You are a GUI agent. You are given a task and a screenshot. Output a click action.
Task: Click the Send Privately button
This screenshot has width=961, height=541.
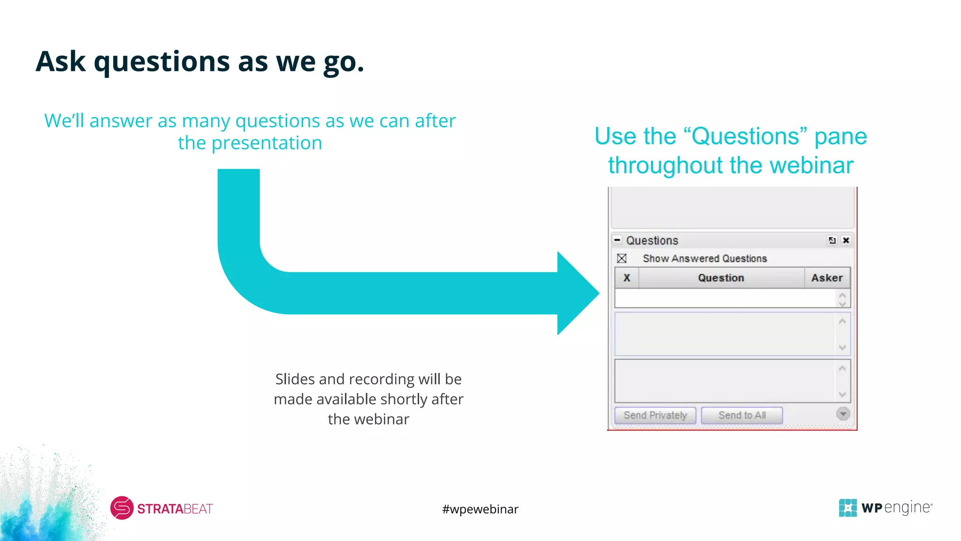coord(655,416)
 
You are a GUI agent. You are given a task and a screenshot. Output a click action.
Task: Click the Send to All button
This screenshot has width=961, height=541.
coord(741,416)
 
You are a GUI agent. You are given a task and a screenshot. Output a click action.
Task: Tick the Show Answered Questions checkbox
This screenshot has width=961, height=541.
coord(622,258)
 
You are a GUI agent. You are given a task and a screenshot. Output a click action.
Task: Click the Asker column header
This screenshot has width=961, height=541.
coord(827,278)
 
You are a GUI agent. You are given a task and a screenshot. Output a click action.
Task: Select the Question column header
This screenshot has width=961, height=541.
coord(721,278)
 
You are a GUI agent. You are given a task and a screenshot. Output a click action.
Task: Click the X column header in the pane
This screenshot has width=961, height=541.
coord(626,278)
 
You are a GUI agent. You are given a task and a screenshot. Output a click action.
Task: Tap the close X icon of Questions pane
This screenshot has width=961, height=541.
coord(846,240)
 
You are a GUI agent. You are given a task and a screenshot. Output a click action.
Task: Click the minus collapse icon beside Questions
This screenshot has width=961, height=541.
coord(618,240)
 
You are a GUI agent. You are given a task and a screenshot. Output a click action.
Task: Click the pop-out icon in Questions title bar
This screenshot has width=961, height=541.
coord(832,240)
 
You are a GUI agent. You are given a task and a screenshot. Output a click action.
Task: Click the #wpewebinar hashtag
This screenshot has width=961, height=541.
coord(480,509)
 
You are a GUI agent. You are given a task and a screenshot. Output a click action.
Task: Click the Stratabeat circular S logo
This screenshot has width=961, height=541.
coord(122,508)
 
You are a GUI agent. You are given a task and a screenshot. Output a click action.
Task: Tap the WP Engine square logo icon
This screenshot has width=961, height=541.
coord(847,508)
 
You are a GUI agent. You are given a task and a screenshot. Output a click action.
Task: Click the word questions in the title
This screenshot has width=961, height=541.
coord(162,62)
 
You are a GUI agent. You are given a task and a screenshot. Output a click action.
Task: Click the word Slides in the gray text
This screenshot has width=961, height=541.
coord(295,379)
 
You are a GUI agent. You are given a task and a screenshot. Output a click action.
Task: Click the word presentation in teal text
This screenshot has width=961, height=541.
coord(267,143)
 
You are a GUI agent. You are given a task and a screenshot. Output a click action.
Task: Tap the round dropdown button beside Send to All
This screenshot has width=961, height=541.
coord(843,414)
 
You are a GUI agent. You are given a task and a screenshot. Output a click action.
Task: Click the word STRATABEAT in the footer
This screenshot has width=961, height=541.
coord(175,509)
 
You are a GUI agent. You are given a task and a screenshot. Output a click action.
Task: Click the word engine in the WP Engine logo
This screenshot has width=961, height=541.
coord(907,508)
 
